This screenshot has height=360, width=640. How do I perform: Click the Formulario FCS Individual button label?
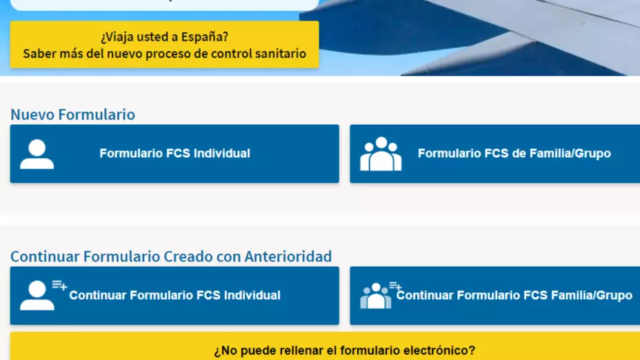point(174,154)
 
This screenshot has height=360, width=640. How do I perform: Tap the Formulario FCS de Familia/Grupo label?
point(514,154)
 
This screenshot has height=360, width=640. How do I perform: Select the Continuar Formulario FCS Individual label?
point(174,295)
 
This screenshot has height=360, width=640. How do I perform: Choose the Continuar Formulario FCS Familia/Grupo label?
point(514,295)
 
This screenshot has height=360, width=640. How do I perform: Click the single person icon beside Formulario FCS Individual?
point(37,154)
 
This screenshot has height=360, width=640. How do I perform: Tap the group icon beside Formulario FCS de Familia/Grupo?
point(381,154)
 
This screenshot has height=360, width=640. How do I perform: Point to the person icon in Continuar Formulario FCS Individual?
point(37,295)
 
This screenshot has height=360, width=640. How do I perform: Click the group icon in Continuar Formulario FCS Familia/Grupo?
point(375,296)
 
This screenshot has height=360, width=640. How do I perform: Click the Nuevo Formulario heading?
point(72,114)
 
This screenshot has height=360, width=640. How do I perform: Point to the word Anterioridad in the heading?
point(288,257)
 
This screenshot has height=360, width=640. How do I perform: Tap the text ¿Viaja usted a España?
point(165,37)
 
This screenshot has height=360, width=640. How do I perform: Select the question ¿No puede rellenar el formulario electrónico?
point(345,350)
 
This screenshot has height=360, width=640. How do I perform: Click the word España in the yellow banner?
point(205,37)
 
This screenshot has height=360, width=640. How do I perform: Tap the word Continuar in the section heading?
point(46,257)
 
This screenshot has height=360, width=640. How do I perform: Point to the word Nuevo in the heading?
point(32,114)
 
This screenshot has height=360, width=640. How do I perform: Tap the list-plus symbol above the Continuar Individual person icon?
point(59,285)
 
